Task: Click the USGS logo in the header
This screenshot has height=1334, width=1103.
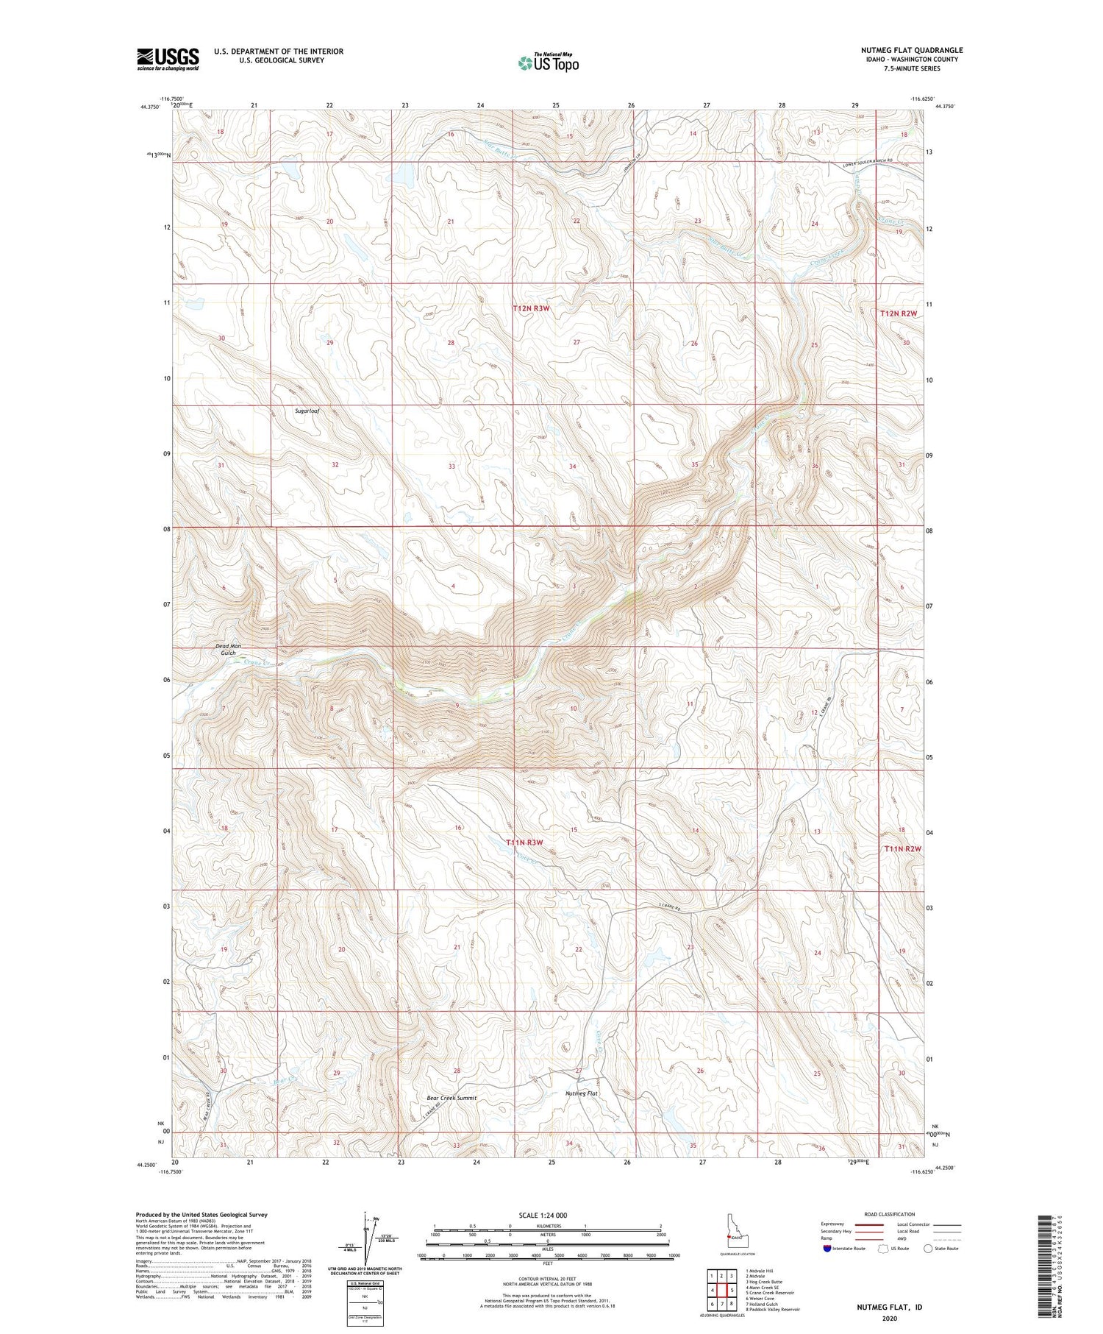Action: (168, 59)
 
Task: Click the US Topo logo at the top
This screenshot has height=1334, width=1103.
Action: (548, 63)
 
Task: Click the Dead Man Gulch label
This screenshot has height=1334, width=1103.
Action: (227, 649)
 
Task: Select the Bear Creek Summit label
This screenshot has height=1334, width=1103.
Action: (451, 1098)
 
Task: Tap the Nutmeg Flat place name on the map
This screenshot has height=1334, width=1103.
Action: (581, 1093)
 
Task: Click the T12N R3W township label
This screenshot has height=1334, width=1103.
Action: (531, 308)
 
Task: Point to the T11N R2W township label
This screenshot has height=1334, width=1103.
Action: (902, 848)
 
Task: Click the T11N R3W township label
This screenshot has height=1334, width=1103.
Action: (524, 842)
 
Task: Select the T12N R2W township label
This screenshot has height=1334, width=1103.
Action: (899, 313)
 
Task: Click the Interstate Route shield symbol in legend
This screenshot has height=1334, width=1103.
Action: (827, 1249)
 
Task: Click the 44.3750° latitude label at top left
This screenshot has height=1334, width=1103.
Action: (149, 107)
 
